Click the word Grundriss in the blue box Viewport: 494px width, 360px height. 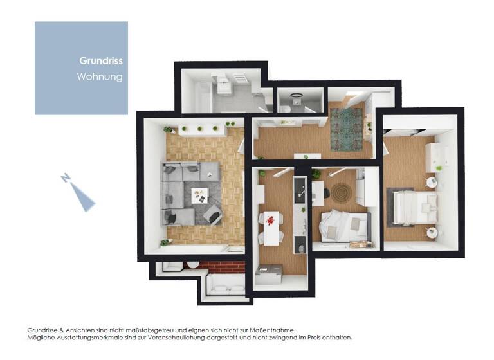pos(101,62)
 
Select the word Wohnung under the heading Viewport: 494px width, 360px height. pos(100,77)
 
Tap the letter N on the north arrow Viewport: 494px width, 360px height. pos(66,178)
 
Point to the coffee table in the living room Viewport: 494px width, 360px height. pos(200,194)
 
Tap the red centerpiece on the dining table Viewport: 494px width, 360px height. pos(270,221)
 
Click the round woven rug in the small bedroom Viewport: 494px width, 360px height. pos(341,192)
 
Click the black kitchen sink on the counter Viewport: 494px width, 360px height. pos(300,190)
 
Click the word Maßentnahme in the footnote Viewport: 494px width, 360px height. pos(270,329)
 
